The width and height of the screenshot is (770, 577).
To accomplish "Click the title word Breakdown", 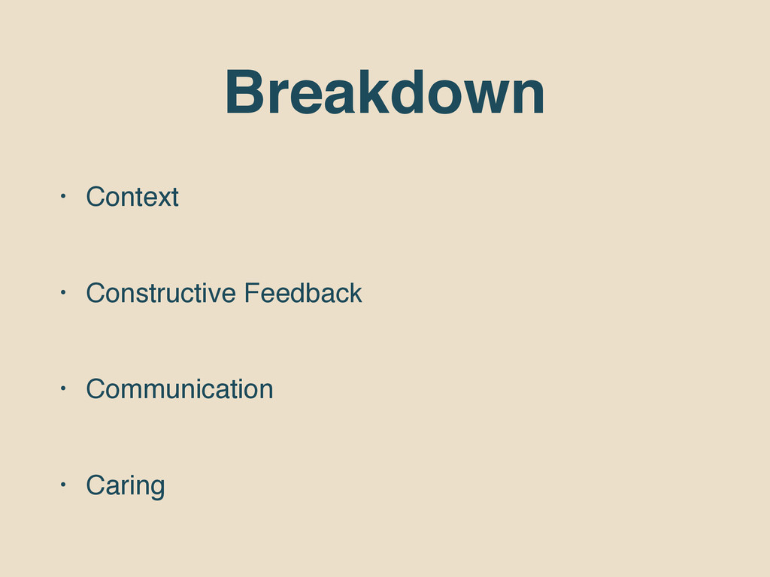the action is [x=384, y=92].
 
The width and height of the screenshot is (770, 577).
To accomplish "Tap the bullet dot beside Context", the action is [x=63, y=196].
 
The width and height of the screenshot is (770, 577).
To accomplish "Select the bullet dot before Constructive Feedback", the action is [x=63, y=292].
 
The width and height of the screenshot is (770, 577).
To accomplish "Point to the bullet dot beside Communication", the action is [x=63, y=388].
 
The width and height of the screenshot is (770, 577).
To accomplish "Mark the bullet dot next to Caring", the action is [x=63, y=485].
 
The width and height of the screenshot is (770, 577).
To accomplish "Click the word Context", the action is [x=132, y=197].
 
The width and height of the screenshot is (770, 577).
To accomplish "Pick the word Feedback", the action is [x=303, y=293].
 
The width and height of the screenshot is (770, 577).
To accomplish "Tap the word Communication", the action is [x=179, y=389].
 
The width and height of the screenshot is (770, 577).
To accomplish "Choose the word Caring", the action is [x=126, y=486].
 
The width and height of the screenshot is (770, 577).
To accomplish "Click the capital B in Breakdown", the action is [x=245, y=92].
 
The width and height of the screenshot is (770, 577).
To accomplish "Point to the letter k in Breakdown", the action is [x=371, y=92].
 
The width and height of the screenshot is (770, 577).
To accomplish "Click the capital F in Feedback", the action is [x=253, y=293].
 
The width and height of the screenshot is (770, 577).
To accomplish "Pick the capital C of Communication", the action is [x=96, y=389].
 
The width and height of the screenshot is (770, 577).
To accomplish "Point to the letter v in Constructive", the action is [x=211, y=296].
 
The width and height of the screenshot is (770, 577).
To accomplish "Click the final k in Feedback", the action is [x=356, y=293].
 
